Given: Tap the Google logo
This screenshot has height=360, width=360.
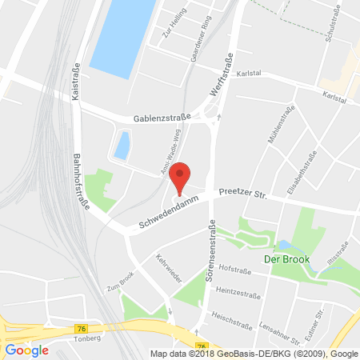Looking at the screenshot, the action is [x=26, y=350].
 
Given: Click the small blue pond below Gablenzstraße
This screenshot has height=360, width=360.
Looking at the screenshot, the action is [x=122, y=145].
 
